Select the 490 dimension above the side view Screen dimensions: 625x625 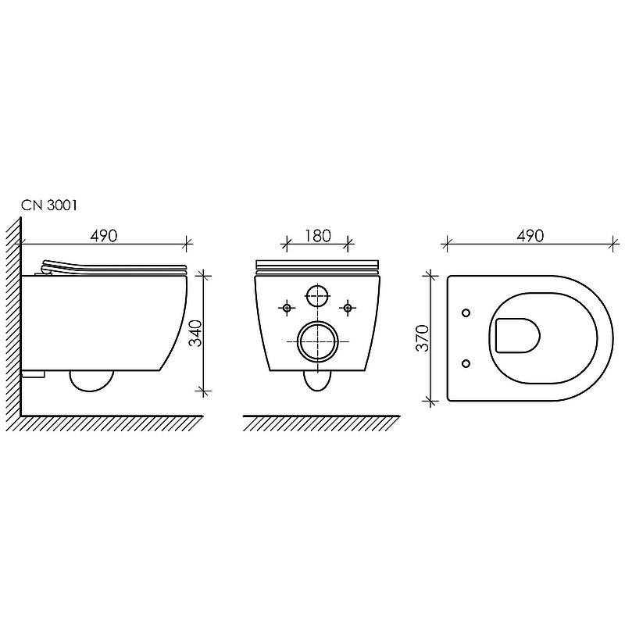pyautogui.click(x=105, y=235)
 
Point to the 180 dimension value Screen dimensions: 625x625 pyautogui.click(x=317, y=235)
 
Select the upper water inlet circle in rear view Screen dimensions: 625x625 pyautogui.click(x=318, y=295)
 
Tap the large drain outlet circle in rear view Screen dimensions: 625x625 pyautogui.click(x=318, y=341)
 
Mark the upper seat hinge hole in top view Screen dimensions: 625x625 pyautogui.click(x=466, y=313)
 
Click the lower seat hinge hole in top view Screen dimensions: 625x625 pyautogui.click(x=466, y=362)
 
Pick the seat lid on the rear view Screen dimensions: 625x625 pyautogui.click(x=318, y=263)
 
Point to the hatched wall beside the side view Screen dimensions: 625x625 pyautogui.click(x=13, y=312)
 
